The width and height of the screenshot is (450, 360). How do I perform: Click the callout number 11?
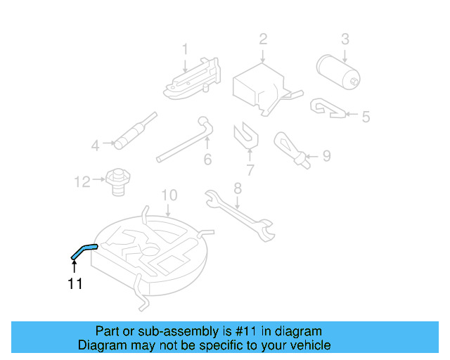click(75, 284)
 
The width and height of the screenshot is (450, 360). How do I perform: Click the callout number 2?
click(263, 39)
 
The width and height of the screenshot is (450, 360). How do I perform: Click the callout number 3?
click(345, 39)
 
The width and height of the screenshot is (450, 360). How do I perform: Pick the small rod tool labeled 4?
click(134, 132)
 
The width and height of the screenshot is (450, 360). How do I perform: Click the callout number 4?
click(96, 146)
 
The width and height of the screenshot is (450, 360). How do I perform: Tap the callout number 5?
click(365, 116)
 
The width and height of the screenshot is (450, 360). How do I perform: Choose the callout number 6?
click(207, 160)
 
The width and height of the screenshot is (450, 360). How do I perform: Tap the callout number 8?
click(238, 188)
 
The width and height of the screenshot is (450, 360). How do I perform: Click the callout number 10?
click(169, 195)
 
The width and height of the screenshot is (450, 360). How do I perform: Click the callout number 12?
click(82, 182)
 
